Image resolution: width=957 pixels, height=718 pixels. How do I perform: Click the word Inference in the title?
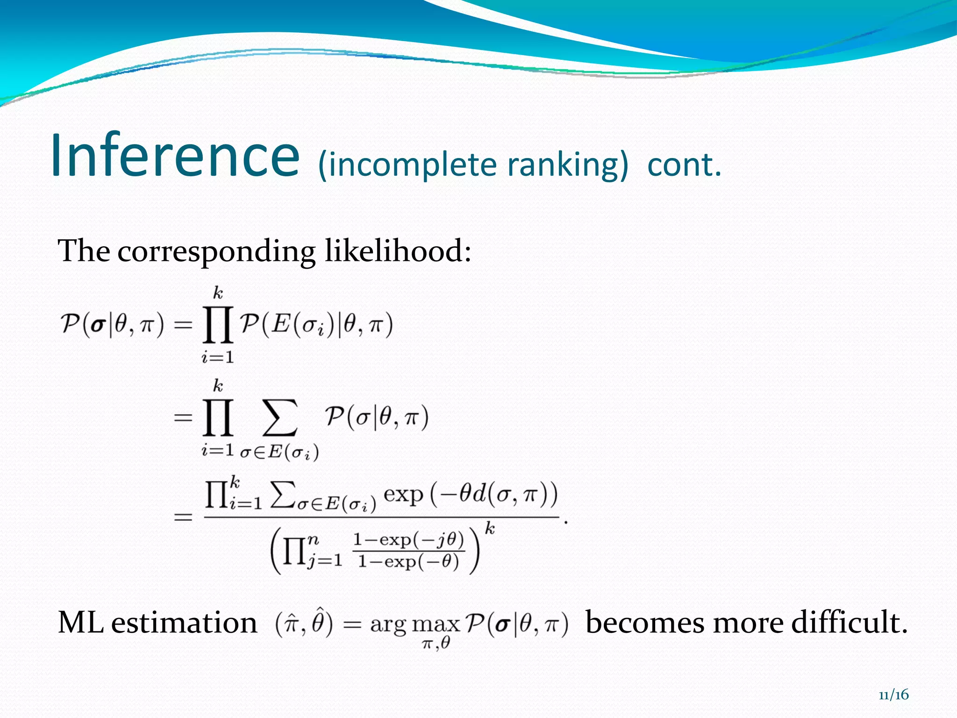pos(175,155)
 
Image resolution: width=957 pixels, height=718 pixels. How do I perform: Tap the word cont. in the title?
pos(685,165)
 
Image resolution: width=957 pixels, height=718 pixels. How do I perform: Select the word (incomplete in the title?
pos(407,165)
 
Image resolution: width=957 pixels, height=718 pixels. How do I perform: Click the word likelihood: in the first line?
pos(398,251)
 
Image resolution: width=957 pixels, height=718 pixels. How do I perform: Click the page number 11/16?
pos(893,695)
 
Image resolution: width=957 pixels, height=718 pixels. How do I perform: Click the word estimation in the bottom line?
pos(184,623)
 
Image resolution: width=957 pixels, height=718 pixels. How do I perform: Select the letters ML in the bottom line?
pos(80,623)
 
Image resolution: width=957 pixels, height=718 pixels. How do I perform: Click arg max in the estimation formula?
pos(415,624)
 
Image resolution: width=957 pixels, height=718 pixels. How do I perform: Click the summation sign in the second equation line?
pos(279,417)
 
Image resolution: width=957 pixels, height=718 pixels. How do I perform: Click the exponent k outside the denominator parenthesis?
pos(489,529)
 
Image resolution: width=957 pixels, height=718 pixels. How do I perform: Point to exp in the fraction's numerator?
pos(403,495)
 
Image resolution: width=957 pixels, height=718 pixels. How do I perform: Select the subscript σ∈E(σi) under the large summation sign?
pos(279,452)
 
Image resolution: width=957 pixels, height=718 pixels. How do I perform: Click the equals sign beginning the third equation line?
pos(183,517)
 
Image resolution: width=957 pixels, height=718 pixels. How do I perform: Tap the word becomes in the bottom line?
pos(645,623)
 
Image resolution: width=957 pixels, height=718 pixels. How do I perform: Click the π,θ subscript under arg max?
pos(436,644)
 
